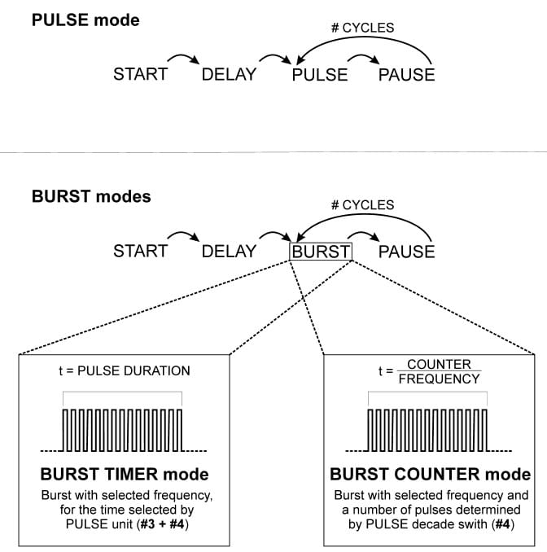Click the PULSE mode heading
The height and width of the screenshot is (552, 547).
point(85,20)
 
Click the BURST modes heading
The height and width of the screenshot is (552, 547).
point(90,196)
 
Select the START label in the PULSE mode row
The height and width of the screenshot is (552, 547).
point(140,75)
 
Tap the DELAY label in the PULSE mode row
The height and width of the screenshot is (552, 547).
point(229,75)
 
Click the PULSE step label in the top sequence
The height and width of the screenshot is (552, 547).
point(320,75)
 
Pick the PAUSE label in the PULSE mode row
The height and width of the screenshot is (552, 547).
point(406,75)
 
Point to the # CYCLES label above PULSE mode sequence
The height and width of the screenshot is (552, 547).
point(362,28)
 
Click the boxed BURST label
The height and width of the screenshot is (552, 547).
point(321,252)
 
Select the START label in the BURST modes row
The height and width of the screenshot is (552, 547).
point(140,252)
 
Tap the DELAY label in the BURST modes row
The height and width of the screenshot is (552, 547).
point(229,252)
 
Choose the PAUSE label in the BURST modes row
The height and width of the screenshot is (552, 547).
point(406,252)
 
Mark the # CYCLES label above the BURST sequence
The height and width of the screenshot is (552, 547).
point(362,204)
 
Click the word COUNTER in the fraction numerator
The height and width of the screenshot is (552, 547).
point(439,364)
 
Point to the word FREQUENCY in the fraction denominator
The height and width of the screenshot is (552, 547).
point(439,379)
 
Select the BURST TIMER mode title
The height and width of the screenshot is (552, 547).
point(124,475)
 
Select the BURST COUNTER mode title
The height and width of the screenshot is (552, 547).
point(430,475)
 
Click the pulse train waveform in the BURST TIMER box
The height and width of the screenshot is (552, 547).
point(123,431)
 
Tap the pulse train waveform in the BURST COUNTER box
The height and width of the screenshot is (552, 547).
point(428,431)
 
